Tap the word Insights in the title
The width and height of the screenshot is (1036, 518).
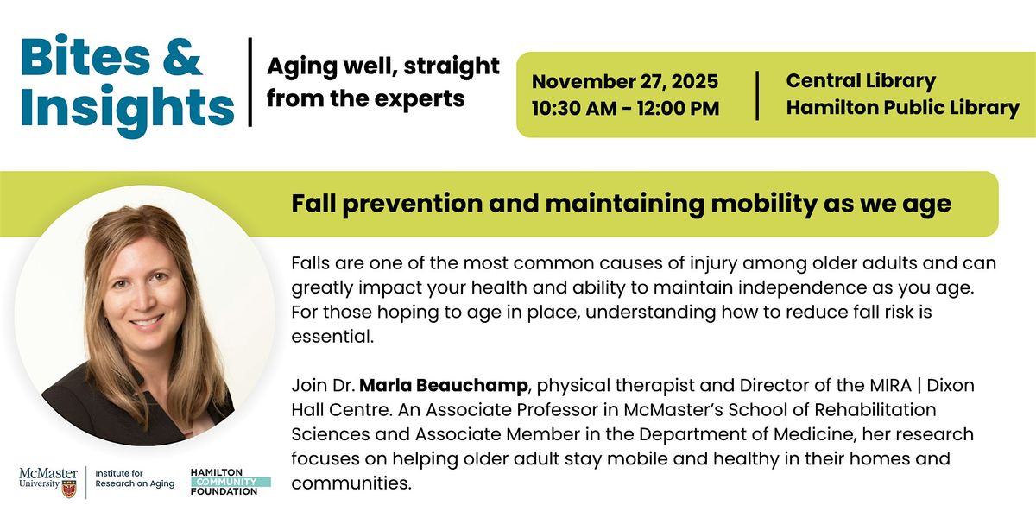tap(127, 107)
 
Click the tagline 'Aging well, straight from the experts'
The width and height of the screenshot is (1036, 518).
tap(382, 82)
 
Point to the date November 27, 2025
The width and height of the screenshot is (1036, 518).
tap(625, 82)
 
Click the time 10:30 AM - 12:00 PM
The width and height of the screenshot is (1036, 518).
tap(625, 109)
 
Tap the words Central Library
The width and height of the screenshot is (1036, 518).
tap(861, 82)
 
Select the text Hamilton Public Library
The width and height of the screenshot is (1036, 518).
tap(902, 108)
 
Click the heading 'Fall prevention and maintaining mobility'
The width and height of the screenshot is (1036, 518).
tap(621, 204)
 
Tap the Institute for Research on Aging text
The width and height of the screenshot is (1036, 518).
tap(134, 478)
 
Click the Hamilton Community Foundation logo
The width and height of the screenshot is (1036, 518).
tap(230, 480)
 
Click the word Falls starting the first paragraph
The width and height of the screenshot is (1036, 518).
tap(312, 262)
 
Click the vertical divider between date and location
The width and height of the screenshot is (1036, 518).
tap(757, 95)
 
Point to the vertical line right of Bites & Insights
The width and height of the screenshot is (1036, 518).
tap(250, 82)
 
